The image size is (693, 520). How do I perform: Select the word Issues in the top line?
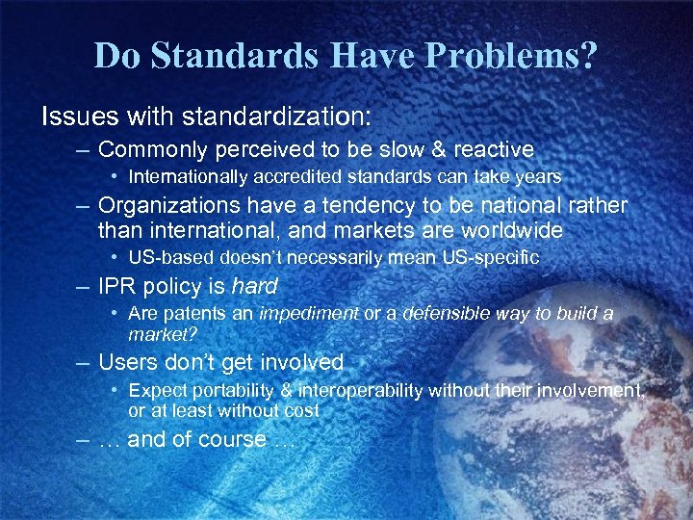(x=73, y=117)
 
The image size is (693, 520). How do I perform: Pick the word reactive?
(x=488, y=149)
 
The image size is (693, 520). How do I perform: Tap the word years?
(x=540, y=177)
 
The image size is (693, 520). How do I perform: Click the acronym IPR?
(x=119, y=286)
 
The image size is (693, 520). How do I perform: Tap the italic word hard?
(x=255, y=286)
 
